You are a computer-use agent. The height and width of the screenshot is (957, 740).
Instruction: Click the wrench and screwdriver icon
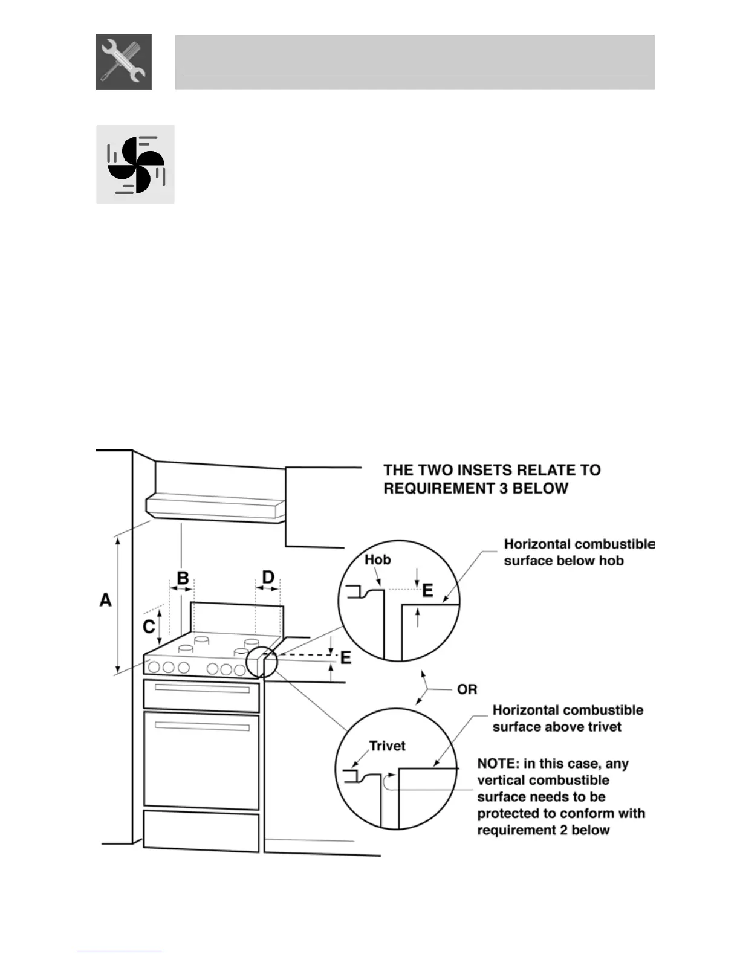pyautogui.click(x=124, y=62)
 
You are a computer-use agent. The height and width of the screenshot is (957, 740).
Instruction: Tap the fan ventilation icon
pyautogui.click(x=135, y=164)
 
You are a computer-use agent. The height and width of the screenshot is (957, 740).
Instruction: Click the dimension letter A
pyautogui.click(x=106, y=600)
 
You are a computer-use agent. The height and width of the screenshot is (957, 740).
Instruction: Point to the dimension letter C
pyautogui.click(x=149, y=627)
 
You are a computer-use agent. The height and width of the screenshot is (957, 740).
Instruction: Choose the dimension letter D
pyautogui.click(x=268, y=577)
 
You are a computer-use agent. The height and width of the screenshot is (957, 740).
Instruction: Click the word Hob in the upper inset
pyautogui.click(x=377, y=559)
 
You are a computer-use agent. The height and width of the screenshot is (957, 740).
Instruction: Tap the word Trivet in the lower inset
pyautogui.click(x=387, y=746)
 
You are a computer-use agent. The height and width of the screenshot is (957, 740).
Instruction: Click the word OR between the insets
pyautogui.click(x=467, y=689)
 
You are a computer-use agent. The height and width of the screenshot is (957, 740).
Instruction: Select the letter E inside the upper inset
pyautogui.click(x=427, y=590)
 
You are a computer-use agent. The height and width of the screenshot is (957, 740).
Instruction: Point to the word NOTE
pyautogui.click(x=496, y=764)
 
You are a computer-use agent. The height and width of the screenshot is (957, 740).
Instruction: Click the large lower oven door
pyautogui.click(x=202, y=760)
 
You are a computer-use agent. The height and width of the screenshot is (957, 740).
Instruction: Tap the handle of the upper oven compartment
pyautogui.click(x=202, y=689)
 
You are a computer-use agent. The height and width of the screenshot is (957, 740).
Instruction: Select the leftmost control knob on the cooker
pyautogui.click(x=154, y=667)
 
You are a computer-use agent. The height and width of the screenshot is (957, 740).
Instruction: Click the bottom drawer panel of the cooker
pyautogui.click(x=201, y=831)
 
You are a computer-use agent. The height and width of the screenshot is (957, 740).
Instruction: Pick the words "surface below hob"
pyautogui.click(x=563, y=561)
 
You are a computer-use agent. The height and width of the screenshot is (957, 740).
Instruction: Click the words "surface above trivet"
pyautogui.click(x=557, y=727)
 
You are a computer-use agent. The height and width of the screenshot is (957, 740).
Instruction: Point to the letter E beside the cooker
pyautogui.click(x=346, y=657)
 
